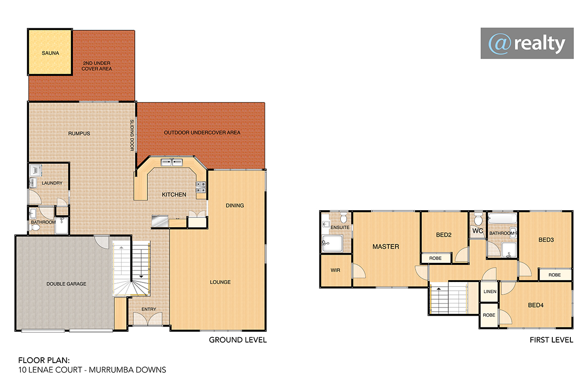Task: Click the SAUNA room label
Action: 50,53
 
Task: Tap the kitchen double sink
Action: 171,162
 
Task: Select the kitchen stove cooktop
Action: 201,187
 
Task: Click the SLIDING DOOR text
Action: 132,135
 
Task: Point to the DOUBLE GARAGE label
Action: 66,284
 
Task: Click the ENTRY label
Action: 148,309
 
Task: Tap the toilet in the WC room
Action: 478,218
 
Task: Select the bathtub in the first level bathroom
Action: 502,218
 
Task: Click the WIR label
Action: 335,270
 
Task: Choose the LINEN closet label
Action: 490,291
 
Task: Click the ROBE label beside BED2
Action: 435,258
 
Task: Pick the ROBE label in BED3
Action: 555,275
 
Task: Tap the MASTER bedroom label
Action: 386,247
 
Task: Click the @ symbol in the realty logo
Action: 500,44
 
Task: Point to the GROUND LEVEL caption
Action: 238,340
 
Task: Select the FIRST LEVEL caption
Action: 551,340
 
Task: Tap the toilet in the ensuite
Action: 343,218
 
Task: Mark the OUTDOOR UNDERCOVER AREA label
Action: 202,133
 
